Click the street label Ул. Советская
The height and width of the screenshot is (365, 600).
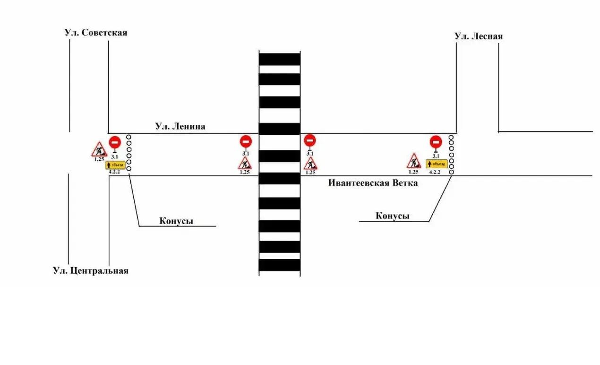click(95, 33)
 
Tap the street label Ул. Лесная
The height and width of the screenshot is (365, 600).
click(479, 36)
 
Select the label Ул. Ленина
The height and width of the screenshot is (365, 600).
click(180, 126)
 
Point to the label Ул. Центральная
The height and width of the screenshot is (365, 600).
click(91, 270)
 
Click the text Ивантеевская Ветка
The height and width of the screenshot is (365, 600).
click(373, 183)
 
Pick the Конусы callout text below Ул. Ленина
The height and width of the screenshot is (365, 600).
click(176, 221)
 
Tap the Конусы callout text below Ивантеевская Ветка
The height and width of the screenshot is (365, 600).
click(393, 216)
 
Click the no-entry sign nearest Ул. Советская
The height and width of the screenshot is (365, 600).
click(115, 142)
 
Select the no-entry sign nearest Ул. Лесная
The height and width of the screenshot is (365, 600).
click(436, 142)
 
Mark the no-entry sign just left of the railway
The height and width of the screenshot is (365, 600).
click(246, 141)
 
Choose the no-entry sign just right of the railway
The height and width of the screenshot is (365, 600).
click(310, 140)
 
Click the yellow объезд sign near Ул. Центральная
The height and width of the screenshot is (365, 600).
click(115, 165)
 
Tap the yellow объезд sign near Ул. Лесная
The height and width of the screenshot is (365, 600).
click(437, 164)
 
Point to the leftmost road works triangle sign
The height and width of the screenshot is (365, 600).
click(99, 149)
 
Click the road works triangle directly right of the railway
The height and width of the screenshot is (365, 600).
click(310, 164)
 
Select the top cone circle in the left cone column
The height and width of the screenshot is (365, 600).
click(129, 137)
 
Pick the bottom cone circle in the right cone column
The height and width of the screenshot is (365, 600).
click(451, 172)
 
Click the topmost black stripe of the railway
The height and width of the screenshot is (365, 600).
click(279, 59)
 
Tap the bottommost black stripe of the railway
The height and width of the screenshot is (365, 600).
click(279, 265)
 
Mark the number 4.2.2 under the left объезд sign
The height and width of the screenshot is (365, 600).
click(114, 172)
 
